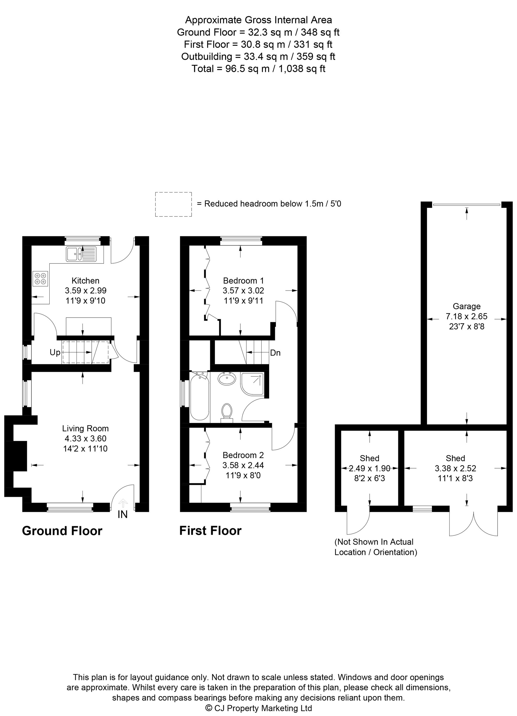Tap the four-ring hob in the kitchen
(40, 279)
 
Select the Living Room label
(85, 428)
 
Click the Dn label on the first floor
(275, 353)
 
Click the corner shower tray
(252, 383)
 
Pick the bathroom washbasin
(227, 378)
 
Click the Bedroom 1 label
(243, 280)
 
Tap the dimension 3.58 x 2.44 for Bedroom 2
(243, 465)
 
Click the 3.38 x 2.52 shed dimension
(455, 468)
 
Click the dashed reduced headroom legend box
(173, 204)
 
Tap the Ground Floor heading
(62, 531)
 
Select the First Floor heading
(210, 530)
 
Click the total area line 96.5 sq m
(258, 69)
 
